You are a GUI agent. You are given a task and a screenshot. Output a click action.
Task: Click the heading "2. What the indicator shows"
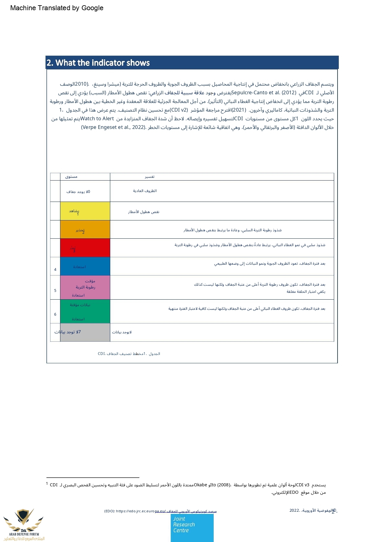point(98,63)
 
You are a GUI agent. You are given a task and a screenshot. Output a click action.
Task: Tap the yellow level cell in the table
point(85,211)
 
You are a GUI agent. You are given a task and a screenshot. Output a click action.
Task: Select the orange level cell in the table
point(85,229)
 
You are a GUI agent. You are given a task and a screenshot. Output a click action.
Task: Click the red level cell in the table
point(85,248)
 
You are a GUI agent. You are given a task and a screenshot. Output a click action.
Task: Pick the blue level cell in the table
point(85,266)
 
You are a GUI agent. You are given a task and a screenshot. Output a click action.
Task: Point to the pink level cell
point(85,287)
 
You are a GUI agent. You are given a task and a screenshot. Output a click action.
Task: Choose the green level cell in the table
point(85,311)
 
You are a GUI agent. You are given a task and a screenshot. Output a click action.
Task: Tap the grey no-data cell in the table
point(85,332)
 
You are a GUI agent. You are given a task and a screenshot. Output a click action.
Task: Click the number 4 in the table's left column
point(55,270)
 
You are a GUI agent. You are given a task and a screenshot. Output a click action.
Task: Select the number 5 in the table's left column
point(55,291)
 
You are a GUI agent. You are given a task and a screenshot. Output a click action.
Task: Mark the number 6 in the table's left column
point(55,314)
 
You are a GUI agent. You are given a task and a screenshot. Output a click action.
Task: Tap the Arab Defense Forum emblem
point(24,525)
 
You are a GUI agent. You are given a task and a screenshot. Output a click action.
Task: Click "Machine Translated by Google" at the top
point(57,8)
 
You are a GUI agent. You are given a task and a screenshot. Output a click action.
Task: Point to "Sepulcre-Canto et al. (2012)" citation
point(264,92)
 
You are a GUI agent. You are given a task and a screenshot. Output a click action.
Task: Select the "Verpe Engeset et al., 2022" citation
point(113,127)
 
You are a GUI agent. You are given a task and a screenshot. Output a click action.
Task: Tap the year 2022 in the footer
point(294,510)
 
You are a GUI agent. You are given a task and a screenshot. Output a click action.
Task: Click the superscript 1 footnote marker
point(47,483)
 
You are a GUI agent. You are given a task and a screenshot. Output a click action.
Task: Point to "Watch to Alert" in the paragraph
point(97,118)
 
